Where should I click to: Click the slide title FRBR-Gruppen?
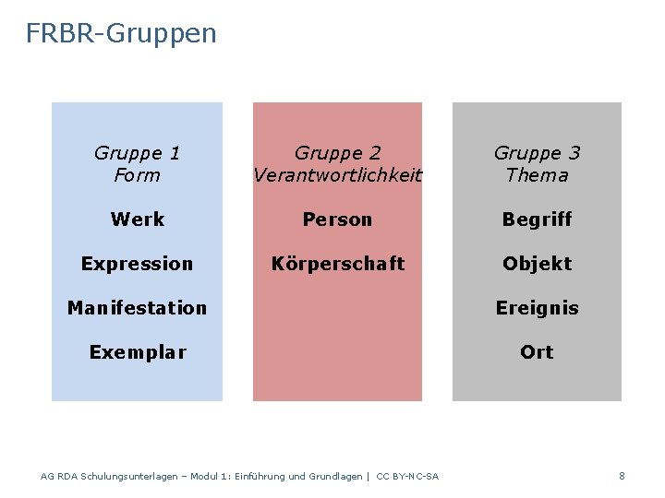pos(121,34)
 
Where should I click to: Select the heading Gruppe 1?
pos(137,153)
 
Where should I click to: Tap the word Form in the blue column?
pos(137,175)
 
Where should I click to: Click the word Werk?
pos(137,219)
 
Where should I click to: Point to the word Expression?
pos(137,264)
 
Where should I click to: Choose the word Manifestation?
pos(137,308)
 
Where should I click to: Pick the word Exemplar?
pos(137,352)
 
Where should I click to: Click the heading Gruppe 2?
pos(337,153)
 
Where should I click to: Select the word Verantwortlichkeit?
pos(337,175)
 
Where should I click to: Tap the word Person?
pos(337,219)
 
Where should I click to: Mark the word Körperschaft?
pos(337,264)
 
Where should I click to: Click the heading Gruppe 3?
pos(537,153)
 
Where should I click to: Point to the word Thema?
pos(537,175)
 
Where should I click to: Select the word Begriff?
pos(537,219)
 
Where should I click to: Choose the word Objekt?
pos(537,264)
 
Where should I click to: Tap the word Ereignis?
pos(537,308)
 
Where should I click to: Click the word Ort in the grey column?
pos(537,352)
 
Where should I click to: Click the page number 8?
pos(622,476)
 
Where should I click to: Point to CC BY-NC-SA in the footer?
pos(407,477)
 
